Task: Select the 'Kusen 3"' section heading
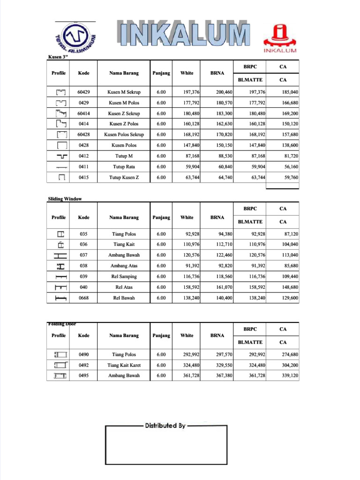pos(59,57)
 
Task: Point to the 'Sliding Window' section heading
pos(65,199)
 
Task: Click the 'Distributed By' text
pos(165,426)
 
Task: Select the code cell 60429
pos(84,92)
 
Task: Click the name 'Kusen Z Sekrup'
pos(124,113)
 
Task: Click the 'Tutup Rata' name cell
pos(124,166)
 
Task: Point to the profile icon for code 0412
pos(61,156)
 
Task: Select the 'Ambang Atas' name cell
pos(124,266)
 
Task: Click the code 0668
pos(84,298)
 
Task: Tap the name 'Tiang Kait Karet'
pos(124,365)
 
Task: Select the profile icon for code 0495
pos(60,376)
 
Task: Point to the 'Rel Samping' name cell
pos(124,277)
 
